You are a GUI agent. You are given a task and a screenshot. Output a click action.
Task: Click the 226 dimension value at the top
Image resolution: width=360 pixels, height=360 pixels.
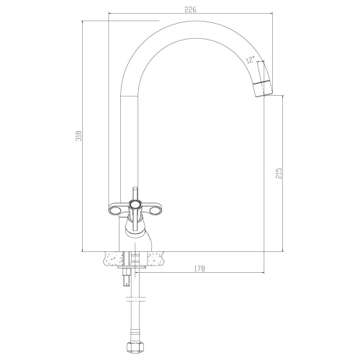pos(191,9)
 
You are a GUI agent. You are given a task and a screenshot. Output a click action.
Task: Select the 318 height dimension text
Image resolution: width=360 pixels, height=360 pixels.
pos(79,136)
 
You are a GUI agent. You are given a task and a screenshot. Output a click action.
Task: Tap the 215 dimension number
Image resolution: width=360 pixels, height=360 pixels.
pos(279,173)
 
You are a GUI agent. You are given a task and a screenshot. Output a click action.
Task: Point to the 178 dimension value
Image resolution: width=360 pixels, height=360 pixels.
pos(199,269)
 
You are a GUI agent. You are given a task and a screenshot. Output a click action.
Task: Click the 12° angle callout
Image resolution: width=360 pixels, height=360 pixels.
pos(250,59)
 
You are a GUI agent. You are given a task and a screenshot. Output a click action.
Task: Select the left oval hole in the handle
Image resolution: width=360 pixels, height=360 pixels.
pos(117,211)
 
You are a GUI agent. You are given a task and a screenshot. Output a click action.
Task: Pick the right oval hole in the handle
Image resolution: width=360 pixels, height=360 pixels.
pos(155,211)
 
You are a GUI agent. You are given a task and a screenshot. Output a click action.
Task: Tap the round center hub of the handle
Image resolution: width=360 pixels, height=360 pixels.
pos(135,204)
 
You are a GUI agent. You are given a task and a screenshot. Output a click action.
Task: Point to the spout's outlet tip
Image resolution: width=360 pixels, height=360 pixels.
pos(264,94)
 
